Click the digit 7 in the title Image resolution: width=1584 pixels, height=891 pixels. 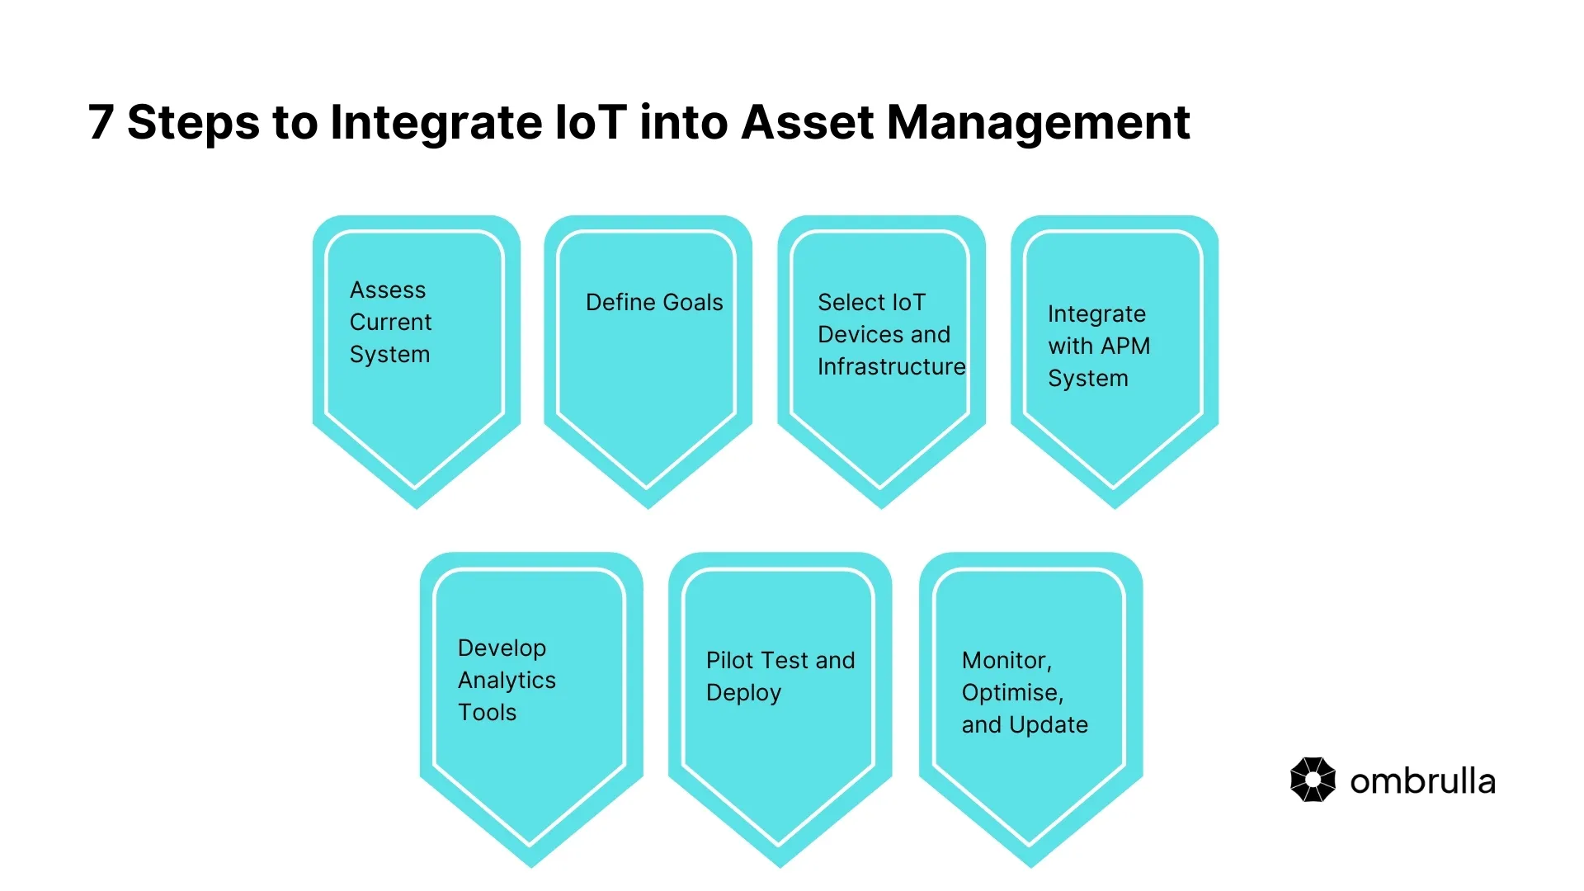100,123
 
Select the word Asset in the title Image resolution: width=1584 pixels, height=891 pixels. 807,123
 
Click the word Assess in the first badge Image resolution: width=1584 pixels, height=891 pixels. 388,290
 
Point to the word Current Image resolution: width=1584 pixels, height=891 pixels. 390,323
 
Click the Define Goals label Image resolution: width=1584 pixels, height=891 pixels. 654,303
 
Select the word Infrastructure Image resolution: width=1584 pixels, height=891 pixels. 891,367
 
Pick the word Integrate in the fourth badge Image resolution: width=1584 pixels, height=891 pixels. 1096,314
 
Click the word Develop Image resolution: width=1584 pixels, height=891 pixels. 502,648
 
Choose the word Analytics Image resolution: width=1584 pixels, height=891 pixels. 507,681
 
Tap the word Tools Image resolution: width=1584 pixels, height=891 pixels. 487,713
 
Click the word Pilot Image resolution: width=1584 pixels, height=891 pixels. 730,661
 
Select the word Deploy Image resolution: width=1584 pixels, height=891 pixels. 743,693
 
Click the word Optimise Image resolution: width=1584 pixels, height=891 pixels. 1011,693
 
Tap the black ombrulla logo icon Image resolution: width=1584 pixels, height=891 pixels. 1313,780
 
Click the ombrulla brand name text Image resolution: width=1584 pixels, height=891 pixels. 1422,782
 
